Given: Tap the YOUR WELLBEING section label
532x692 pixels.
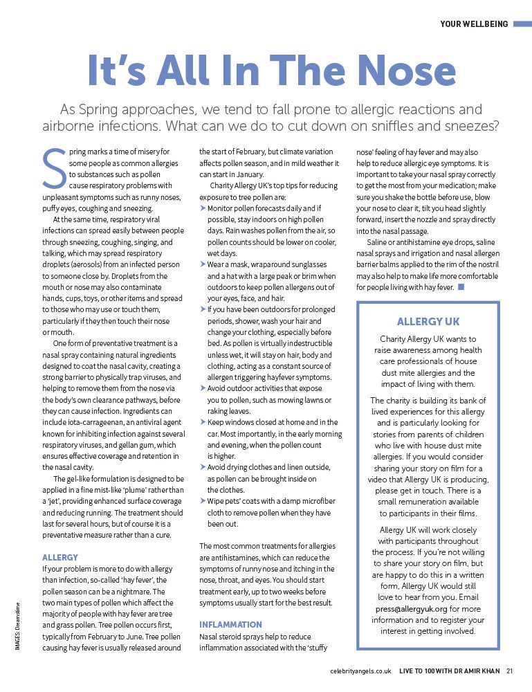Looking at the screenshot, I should (473, 24).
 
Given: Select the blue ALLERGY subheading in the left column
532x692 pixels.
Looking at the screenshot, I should (60, 557).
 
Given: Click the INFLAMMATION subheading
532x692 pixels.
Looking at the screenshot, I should (231, 623).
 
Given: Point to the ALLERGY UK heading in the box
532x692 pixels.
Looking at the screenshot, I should (428, 322).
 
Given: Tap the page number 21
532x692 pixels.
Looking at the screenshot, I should (509, 671).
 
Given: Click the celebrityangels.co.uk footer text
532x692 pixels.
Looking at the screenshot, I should (360, 671).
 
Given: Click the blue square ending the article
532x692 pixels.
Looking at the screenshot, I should (461, 286).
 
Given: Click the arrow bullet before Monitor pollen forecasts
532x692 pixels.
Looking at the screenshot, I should (203, 208).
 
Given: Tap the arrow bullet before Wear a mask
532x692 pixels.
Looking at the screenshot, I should (203, 264).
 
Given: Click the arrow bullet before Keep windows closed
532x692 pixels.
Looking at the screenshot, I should (203, 422).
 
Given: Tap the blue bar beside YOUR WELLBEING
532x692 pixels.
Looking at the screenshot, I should (520, 24).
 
